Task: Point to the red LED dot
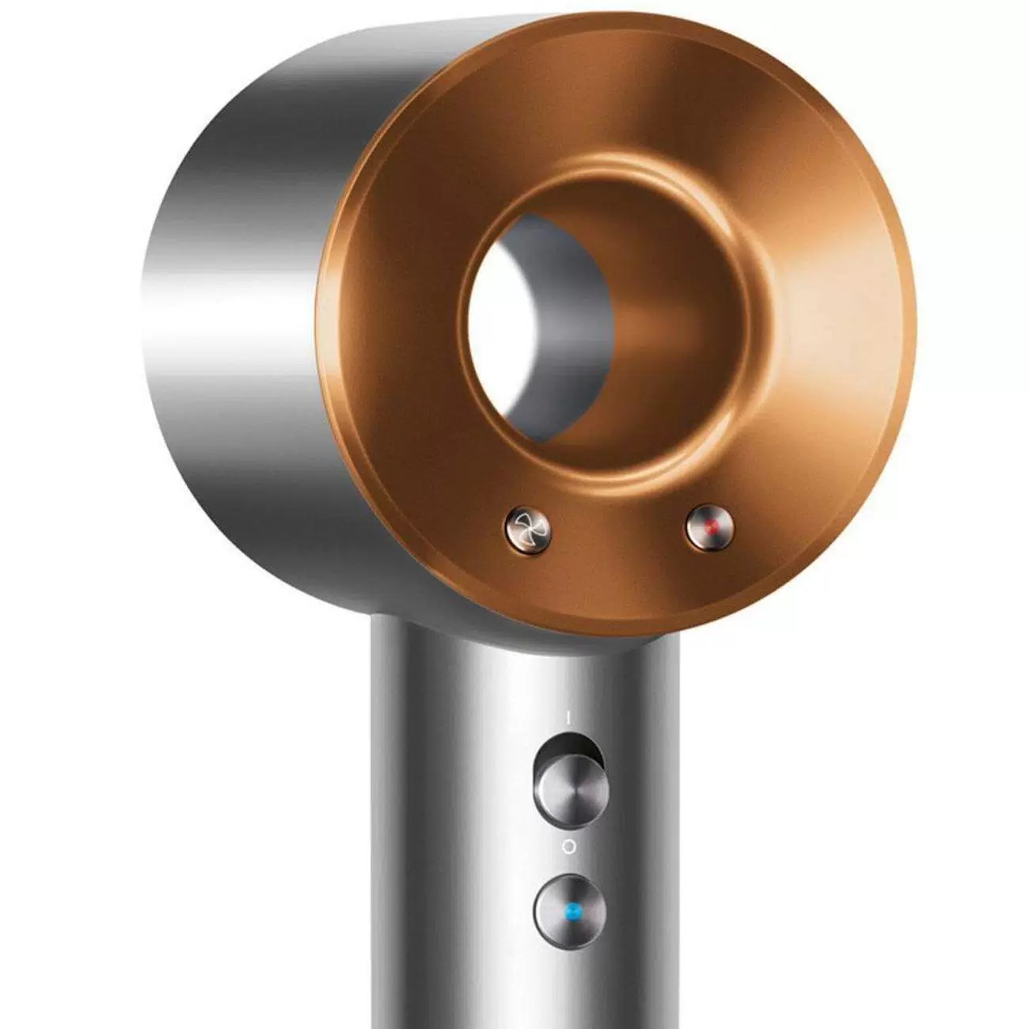pos(710,525)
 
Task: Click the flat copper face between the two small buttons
pos(617,538)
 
